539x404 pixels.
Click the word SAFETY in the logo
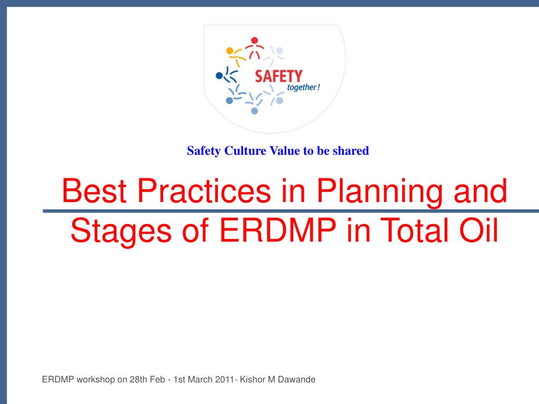click(x=278, y=76)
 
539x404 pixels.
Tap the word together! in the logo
click(x=304, y=87)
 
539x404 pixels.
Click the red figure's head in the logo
click(x=255, y=40)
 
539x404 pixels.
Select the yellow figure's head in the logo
click(x=229, y=50)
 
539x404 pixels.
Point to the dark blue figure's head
click(x=219, y=76)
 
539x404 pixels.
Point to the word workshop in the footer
click(x=95, y=379)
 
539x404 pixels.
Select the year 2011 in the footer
click(x=225, y=379)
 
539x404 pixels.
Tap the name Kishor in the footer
click(x=253, y=379)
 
